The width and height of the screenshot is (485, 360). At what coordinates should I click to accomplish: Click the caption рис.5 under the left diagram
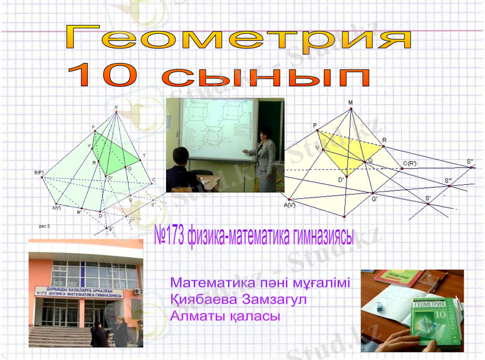coord(45,225)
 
